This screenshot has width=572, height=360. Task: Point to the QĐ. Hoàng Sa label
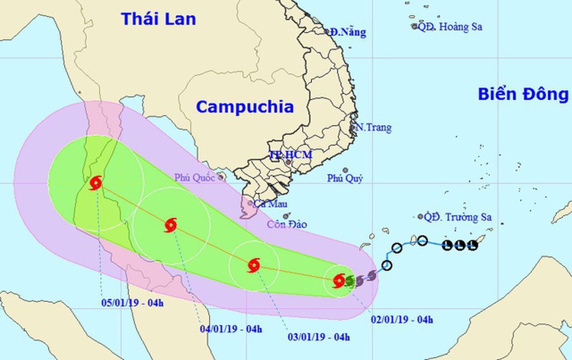click(449, 27)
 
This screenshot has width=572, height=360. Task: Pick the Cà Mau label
click(269, 204)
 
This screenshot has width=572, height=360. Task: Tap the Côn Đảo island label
click(284, 225)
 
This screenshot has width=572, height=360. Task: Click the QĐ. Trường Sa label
click(458, 217)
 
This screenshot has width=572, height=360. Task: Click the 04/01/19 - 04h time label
click(230, 329)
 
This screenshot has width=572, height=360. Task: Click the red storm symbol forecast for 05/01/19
click(95, 183)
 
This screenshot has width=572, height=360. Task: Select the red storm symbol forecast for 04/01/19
click(170, 224)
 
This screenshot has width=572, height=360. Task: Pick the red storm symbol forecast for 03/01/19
click(254, 265)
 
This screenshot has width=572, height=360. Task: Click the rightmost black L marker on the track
click(472, 245)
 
